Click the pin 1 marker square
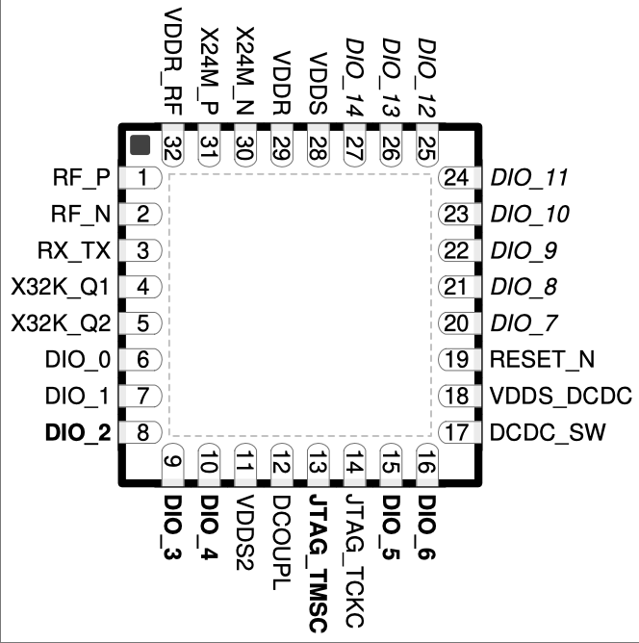tap(140, 145)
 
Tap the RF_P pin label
tap(82, 178)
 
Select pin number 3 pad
tap(141, 250)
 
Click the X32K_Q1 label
tap(61, 287)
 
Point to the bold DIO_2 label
tap(78, 433)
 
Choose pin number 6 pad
tap(141, 360)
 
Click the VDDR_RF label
tap(173, 62)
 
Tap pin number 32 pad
tap(173, 145)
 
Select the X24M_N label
tap(245, 70)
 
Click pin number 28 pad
tap(319, 145)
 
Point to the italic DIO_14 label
tap(354, 77)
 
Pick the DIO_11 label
tap(529, 178)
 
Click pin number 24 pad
tap(459, 178)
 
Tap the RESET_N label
tap(542, 360)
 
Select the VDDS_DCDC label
tap(561, 397)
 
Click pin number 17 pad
tap(459, 432)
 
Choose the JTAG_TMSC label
tap(319, 563)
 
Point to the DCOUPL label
tap(282, 542)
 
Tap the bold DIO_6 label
tap(426, 527)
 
